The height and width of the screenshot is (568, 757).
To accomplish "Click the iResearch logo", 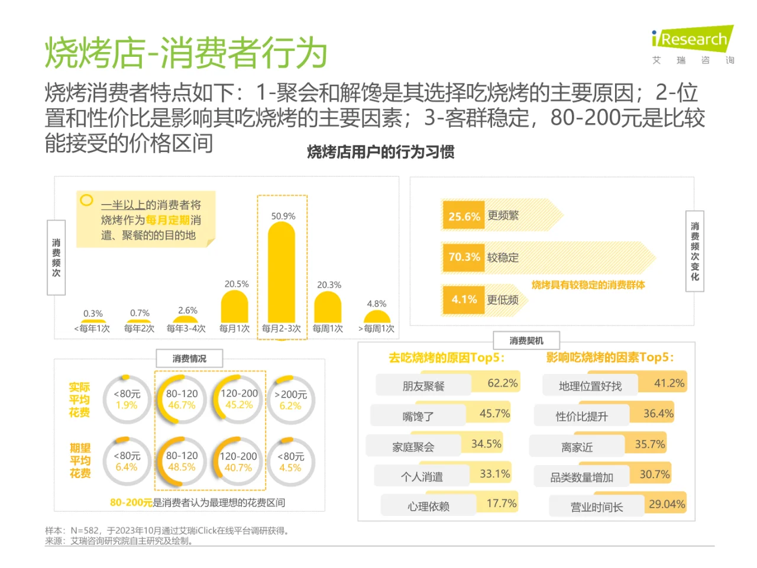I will click(x=693, y=40).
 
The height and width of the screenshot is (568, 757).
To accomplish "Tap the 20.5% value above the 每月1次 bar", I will click(x=237, y=284).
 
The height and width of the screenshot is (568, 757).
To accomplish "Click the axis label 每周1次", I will click(x=328, y=328).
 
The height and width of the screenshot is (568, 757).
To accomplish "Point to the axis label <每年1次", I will click(x=92, y=328).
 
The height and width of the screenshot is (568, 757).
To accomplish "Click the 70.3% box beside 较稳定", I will click(x=464, y=257).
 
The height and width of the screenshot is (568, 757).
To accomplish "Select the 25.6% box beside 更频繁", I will click(x=464, y=216).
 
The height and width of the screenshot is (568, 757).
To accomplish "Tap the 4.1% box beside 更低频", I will click(x=464, y=299).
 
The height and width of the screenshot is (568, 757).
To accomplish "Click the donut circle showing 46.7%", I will click(x=182, y=399).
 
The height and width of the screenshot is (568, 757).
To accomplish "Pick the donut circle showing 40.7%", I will click(x=238, y=461).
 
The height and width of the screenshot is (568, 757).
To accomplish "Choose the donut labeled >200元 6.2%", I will click(x=290, y=400).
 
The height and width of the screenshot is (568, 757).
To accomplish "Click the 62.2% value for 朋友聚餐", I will click(x=502, y=383).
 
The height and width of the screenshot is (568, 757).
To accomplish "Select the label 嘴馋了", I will click(x=418, y=417).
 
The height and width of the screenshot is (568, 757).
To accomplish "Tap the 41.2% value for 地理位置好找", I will click(x=669, y=383).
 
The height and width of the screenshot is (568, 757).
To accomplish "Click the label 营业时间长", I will click(x=596, y=507).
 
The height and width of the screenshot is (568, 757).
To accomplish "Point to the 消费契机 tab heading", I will click(x=526, y=341).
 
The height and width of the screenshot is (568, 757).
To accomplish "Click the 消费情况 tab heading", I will click(x=189, y=359).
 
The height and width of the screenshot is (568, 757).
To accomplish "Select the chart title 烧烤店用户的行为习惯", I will click(x=381, y=152).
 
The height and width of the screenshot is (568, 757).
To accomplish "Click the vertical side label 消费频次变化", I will click(x=695, y=251).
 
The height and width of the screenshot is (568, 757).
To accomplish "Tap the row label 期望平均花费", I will click(x=80, y=461).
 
